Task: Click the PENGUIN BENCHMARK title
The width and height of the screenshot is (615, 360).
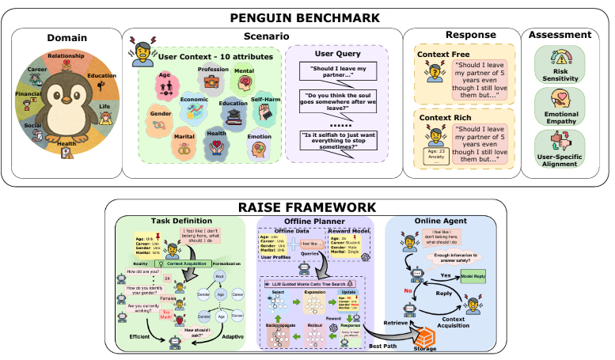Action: coord(306,17)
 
